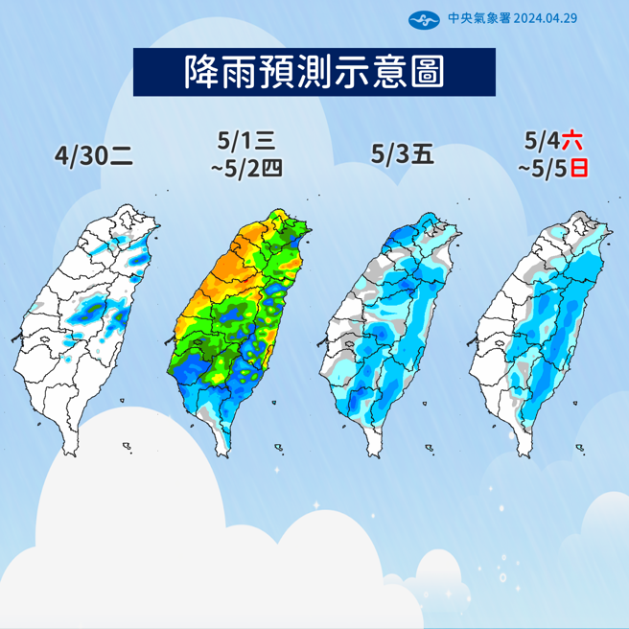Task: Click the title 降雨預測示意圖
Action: pyautogui.click(x=314, y=71)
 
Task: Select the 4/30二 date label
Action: pyautogui.click(x=94, y=155)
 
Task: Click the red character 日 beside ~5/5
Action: pyautogui.click(x=578, y=168)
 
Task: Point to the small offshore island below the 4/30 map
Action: pyautogui.click(x=127, y=443)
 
